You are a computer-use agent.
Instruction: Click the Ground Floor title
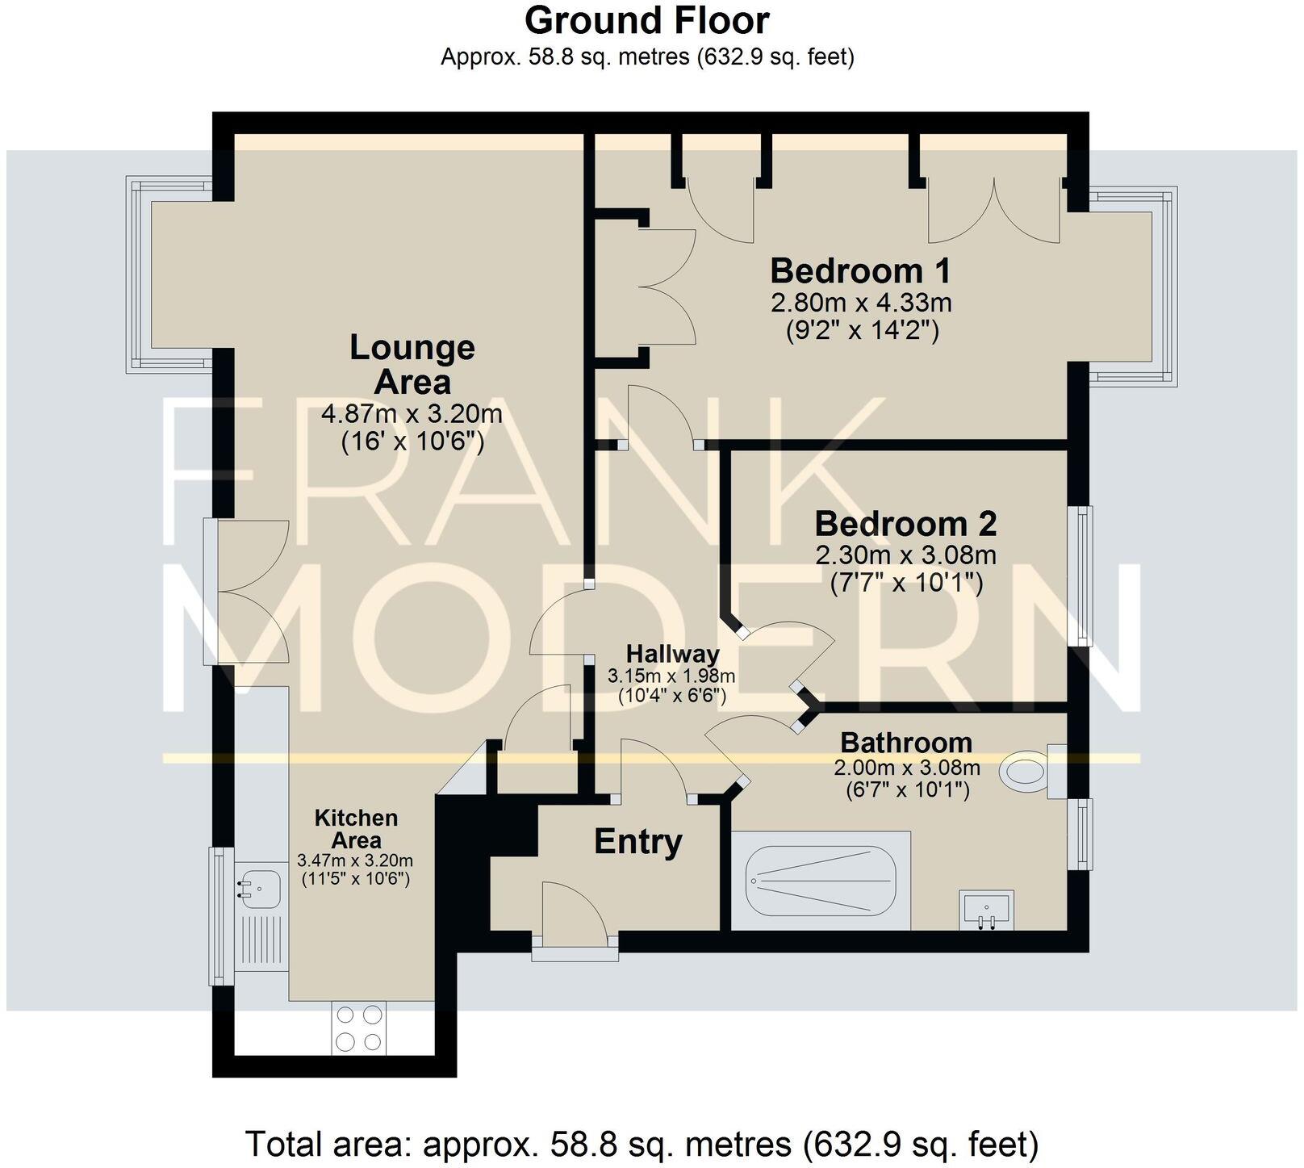pos(646,20)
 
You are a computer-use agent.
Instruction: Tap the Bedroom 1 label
pos(861,270)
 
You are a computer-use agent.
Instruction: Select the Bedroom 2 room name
pos(905,524)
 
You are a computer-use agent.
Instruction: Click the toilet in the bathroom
pos(1025,771)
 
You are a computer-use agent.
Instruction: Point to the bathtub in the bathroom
pos(821,881)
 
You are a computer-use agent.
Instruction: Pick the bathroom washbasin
pos(985,910)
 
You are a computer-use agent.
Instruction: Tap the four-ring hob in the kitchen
pos(358,1027)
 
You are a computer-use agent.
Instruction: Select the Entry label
pos(637,842)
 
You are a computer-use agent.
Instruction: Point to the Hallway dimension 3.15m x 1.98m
pos(671,676)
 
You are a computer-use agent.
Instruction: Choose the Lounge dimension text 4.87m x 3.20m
pos(412,414)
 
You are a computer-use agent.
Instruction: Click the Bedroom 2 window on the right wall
pos(1080,575)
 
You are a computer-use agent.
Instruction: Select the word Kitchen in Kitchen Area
pos(356,818)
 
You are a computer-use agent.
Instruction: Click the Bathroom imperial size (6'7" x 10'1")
pos(907,789)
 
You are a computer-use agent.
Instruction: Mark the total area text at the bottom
pos(642,1144)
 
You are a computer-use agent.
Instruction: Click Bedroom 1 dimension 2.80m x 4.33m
pos(861,304)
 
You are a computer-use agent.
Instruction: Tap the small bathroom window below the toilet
pos(1080,834)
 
